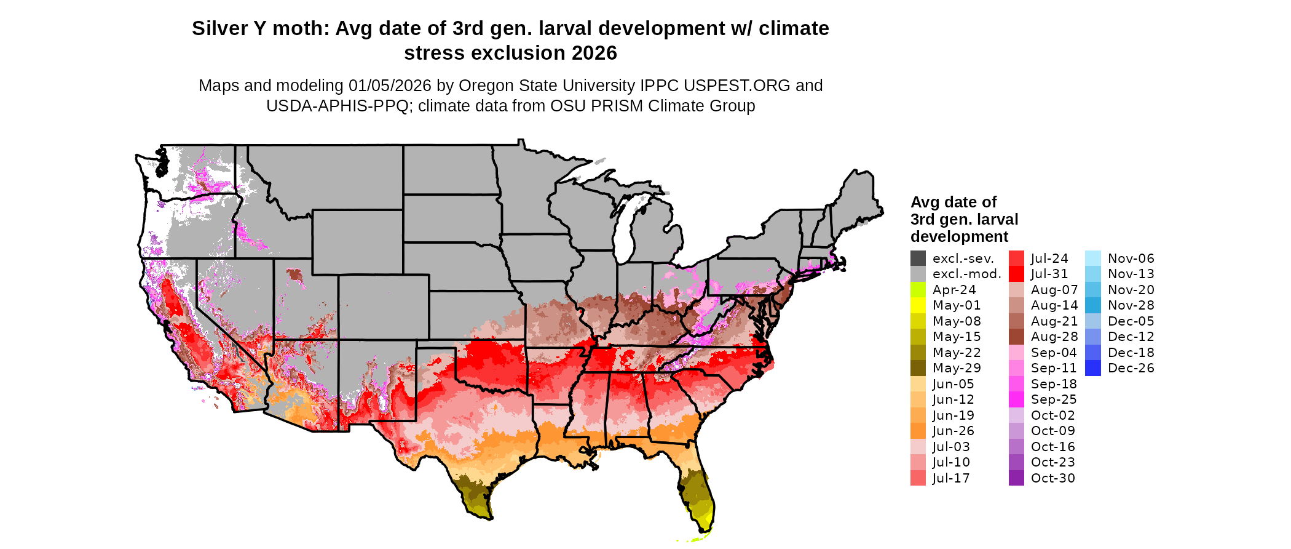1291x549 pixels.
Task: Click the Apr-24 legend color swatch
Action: [x=918, y=290]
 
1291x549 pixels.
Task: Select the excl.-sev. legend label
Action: [x=963, y=258]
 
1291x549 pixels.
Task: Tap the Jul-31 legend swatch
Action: [x=1016, y=274]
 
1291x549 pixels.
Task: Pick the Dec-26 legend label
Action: [x=1131, y=368]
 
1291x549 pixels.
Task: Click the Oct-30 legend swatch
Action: [x=1016, y=478]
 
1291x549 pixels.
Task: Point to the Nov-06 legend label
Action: [x=1131, y=258]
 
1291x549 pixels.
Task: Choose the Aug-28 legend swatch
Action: [x=1016, y=337]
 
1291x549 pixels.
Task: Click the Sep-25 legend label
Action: [x=1053, y=399]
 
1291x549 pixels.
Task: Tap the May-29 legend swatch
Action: [x=918, y=368]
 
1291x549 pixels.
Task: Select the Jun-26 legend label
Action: [x=953, y=431]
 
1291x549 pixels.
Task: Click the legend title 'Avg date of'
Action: [x=953, y=202]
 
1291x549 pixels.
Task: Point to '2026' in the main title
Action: [x=594, y=53]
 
